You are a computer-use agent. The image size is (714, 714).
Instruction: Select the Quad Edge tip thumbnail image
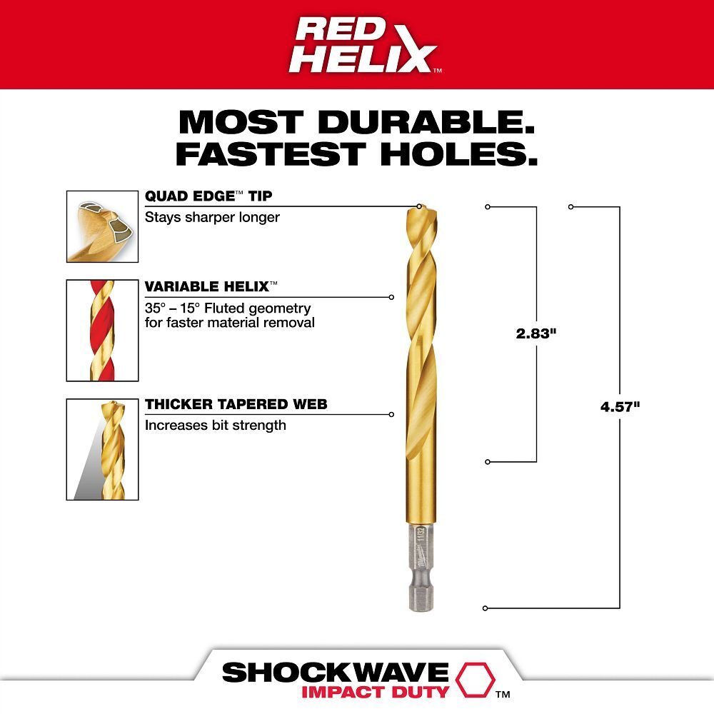pyautogui.click(x=102, y=226)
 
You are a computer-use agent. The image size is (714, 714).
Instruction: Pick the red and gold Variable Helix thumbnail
pyautogui.click(x=102, y=330)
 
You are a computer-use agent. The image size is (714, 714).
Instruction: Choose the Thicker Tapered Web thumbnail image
pyautogui.click(x=102, y=449)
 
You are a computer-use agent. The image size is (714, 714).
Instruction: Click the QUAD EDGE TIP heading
pyautogui.click(x=208, y=196)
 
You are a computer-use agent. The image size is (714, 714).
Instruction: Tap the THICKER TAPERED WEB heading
pyautogui.click(x=236, y=405)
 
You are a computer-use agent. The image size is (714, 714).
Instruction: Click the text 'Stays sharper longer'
pyautogui.click(x=212, y=217)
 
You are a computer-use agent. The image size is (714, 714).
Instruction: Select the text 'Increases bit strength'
pyautogui.click(x=216, y=426)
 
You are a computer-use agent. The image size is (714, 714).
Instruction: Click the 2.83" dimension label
pyautogui.click(x=535, y=333)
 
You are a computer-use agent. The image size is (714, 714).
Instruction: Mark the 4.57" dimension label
pyautogui.click(x=620, y=407)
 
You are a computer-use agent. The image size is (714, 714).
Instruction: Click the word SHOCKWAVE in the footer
pyautogui.click(x=335, y=672)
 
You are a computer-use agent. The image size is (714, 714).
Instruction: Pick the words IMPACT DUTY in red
pyautogui.click(x=375, y=692)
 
